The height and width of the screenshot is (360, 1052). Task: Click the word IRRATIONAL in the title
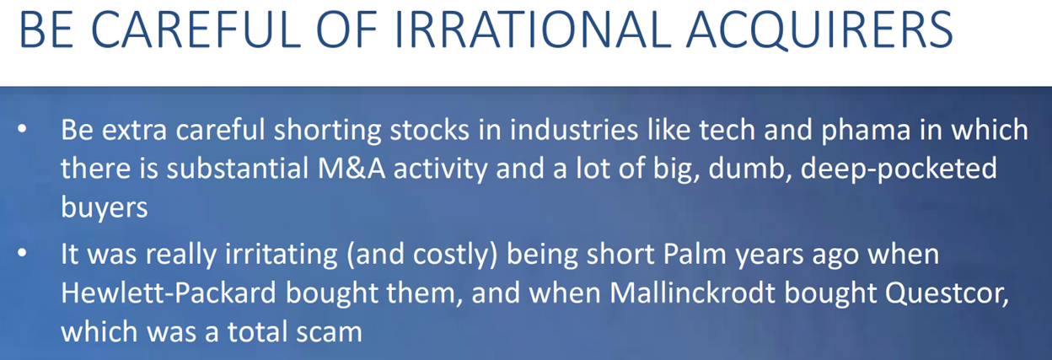point(534,30)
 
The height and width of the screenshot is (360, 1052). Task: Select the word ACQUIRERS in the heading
point(819,30)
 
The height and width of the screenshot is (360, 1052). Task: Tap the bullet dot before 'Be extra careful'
point(22,129)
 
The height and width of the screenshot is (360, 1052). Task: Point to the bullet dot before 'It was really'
point(22,253)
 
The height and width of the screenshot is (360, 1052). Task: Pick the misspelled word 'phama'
point(866,130)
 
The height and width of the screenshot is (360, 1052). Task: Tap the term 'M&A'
point(352,169)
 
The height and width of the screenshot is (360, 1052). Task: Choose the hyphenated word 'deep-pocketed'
point(899,169)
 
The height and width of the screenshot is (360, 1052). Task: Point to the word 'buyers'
point(105,207)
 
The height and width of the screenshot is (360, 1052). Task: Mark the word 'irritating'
point(282,255)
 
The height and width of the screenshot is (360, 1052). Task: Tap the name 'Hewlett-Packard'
point(169,293)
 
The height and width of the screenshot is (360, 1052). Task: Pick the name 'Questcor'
point(947,294)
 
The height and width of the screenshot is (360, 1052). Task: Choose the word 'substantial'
point(238,169)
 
